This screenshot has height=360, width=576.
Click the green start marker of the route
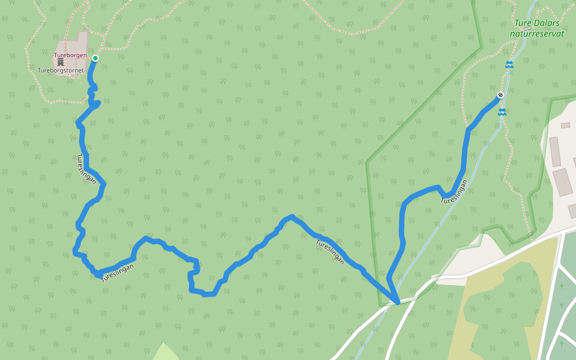click(x=95, y=58)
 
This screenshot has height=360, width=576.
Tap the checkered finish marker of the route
click(x=500, y=95)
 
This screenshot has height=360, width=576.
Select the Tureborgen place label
click(x=70, y=56)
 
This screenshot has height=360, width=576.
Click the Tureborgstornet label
click(x=61, y=70)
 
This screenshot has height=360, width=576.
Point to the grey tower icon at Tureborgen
click(x=61, y=62)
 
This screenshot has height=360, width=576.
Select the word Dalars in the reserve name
click(x=547, y=24)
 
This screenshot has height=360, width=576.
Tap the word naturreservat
click(x=536, y=34)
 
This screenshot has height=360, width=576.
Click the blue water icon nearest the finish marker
click(x=502, y=112)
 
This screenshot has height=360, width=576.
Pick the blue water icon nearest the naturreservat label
click(x=509, y=65)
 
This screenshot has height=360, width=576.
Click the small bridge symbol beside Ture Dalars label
click(x=527, y=28)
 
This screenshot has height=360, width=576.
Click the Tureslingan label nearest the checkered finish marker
click(x=454, y=192)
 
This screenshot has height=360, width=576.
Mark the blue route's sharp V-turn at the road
click(x=397, y=302)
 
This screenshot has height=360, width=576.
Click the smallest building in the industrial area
click(x=565, y=125)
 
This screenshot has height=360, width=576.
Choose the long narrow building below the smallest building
click(x=554, y=151)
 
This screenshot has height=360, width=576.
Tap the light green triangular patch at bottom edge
click(x=165, y=353)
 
